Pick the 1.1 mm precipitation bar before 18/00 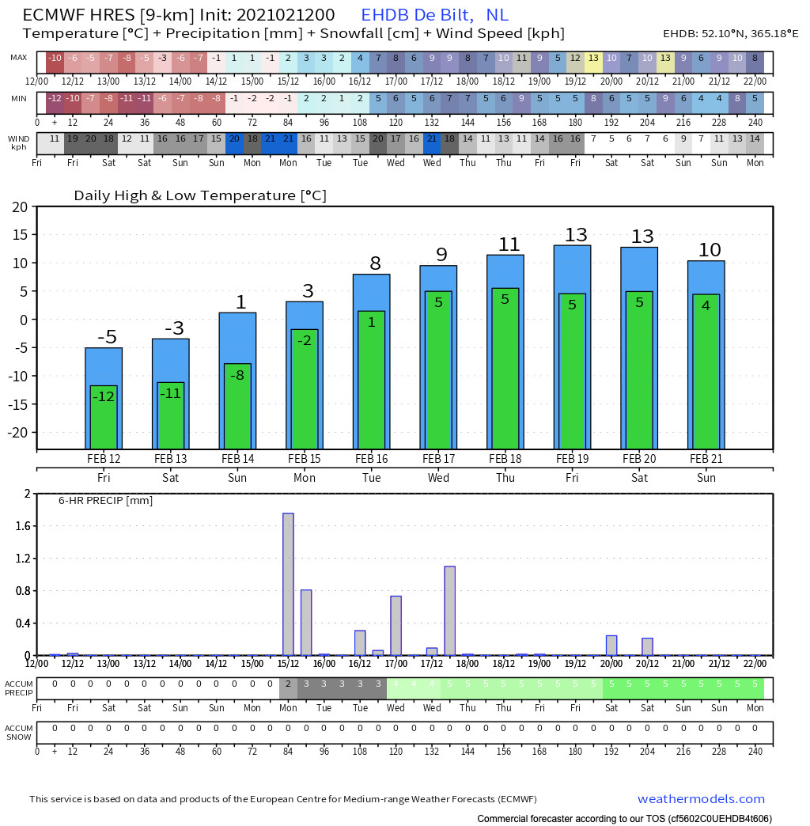tap(449, 610)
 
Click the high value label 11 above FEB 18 tap(510, 245)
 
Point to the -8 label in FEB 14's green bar tap(237, 376)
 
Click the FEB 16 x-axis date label tap(371, 459)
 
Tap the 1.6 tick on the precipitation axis tap(21, 526)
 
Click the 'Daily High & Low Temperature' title tap(200, 195)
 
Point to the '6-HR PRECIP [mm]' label tap(105, 500)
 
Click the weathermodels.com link tap(701, 799)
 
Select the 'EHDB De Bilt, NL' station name tap(434, 15)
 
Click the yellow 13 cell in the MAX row tap(593, 59)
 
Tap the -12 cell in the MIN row tap(55, 98)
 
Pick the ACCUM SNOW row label tap(18, 732)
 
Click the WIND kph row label tap(19, 142)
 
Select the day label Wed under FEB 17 tap(438, 478)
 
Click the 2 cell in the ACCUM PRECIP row tap(288, 684)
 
